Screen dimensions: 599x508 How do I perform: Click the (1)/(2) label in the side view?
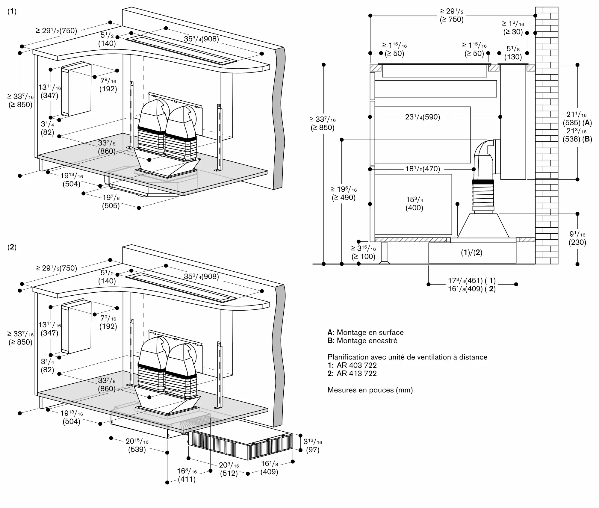click(471, 253)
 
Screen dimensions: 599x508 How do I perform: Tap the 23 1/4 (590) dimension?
click(423, 117)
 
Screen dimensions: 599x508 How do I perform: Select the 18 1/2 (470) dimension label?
click(423, 169)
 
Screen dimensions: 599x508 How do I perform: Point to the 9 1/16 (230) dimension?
click(577, 238)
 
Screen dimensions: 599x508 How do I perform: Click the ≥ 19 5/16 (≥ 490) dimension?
click(344, 193)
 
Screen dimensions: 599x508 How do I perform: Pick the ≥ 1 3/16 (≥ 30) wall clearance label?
click(513, 28)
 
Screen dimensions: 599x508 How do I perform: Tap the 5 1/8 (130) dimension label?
click(513, 53)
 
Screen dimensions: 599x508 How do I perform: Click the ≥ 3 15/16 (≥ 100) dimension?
click(363, 252)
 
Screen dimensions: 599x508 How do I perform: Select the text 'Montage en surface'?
click(370, 332)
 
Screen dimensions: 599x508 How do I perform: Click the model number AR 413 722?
click(356, 373)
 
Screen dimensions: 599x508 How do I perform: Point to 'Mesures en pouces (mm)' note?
click(370, 390)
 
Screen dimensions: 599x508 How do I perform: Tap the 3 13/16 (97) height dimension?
click(313, 446)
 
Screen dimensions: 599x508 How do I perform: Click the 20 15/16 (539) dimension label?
click(137, 445)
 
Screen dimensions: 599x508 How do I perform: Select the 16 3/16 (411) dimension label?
click(187, 475)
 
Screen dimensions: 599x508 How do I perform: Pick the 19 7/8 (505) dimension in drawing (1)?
click(111, 202)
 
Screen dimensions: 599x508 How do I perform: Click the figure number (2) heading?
click(12, 247)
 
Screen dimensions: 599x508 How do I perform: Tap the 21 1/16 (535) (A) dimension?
click(577, 118)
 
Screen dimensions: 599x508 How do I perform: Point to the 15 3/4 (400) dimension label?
click(414, 204)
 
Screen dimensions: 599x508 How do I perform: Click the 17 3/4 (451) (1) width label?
click(472, 281)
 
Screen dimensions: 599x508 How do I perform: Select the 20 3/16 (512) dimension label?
click(229, 469)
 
